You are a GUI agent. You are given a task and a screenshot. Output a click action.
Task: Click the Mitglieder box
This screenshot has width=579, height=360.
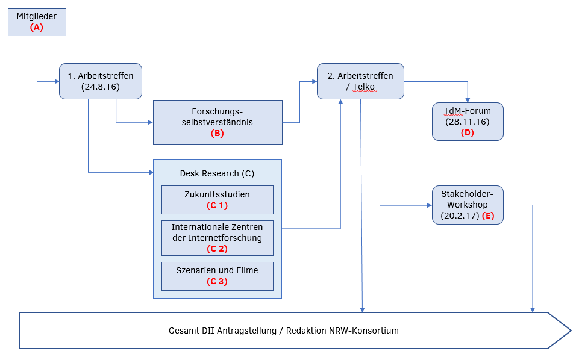tap(37, 21)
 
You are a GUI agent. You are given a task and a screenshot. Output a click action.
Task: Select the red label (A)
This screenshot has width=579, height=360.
tap(37, 27)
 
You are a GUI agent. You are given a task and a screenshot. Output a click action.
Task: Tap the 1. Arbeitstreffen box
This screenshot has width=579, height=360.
tap(101, 81)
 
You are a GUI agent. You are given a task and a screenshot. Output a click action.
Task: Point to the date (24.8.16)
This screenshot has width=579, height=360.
tap(101, 87)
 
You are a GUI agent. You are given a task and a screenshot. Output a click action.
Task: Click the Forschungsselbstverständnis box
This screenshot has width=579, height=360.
tap(218, 122)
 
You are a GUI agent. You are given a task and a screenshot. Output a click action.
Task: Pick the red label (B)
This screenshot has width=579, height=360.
tap(217, 134)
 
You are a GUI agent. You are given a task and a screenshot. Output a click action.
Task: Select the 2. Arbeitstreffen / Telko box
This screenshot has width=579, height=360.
tap(360, 81)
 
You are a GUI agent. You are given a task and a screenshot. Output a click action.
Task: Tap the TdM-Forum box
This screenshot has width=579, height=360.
tap(468, 121)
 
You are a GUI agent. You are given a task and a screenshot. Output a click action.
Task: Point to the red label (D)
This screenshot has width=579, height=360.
tap(468, 132)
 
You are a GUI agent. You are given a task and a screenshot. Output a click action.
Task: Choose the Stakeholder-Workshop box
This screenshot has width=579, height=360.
tap(468, 205)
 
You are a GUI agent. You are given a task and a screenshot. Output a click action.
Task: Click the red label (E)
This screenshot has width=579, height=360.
tap(488, 216)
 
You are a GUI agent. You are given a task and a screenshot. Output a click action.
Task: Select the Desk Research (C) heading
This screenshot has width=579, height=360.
tap(217, 173)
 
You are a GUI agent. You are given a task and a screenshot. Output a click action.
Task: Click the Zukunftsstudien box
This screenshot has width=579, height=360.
tap(217, 199)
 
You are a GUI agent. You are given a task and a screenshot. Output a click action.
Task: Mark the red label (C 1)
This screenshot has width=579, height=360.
tap(217, 205)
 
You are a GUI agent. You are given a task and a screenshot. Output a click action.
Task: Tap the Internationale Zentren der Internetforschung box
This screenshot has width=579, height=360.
tap(217, 238)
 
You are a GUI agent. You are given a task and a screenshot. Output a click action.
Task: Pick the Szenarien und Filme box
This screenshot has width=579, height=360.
tap(217, 276)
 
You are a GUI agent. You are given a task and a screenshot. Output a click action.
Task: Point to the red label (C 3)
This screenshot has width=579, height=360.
tap(217, 282)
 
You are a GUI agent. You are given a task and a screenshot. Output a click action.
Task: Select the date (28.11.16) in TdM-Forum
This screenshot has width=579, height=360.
tap(468, 122)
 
